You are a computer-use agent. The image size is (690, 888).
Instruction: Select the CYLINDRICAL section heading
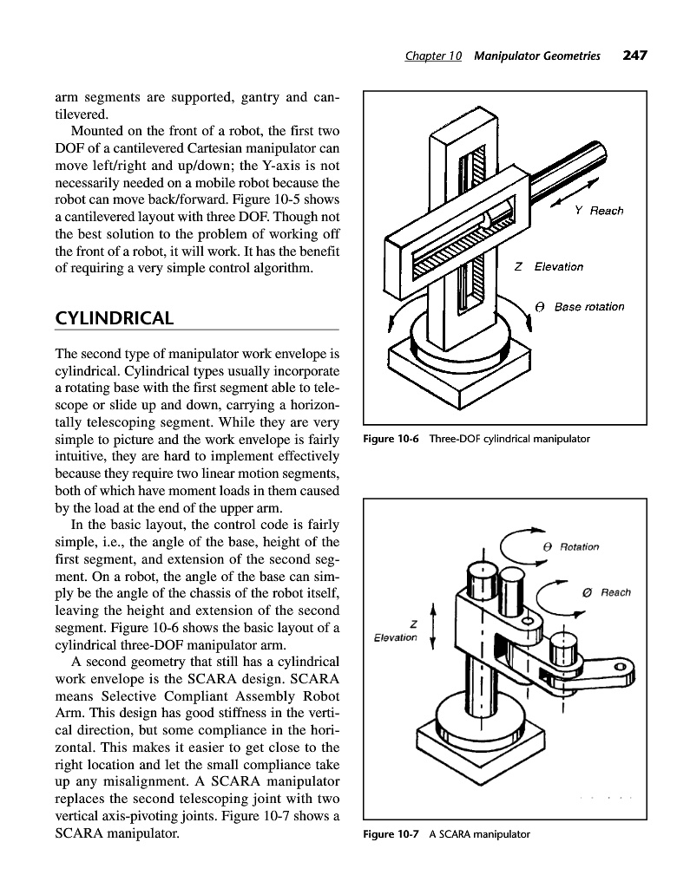[113, 318]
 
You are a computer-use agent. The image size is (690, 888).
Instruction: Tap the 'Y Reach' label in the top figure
[599, 211]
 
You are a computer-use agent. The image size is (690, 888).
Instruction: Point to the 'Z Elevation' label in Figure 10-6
[549, 266]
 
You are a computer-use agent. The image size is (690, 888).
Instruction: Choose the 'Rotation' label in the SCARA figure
[579, 546]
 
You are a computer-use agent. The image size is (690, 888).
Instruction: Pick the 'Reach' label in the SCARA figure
[615, 592]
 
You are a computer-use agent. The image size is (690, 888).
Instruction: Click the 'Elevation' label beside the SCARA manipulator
[395, 638]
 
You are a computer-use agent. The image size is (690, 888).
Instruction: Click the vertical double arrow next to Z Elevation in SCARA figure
[433, 626]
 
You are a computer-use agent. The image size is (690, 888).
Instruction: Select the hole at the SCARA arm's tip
[620, 666]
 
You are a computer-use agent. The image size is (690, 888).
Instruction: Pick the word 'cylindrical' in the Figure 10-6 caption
[495, 439]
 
